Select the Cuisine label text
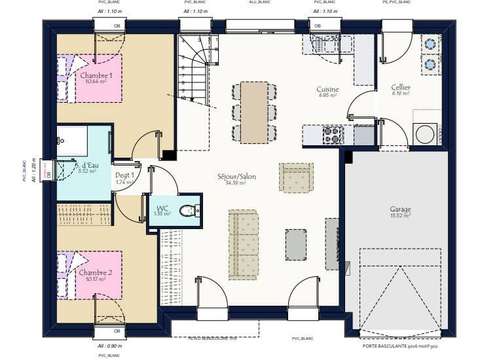tap(328, 90)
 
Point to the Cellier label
tap(400, 88)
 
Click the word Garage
tap(400, 210)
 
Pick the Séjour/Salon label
tap(236, 177)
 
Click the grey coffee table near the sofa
tap(296, 243)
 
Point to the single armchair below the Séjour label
tap(296, 178)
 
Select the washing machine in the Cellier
tap(425, 133)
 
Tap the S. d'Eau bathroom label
tap(86, 166)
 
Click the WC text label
tap(162, 208)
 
